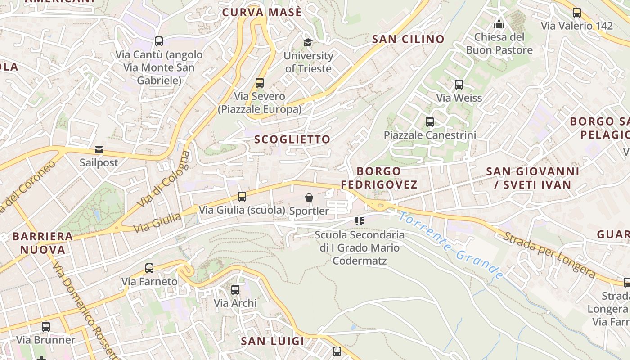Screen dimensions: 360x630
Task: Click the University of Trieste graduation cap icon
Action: click(x=308, y=42)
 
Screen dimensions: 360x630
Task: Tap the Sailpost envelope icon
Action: click(x=99, y=150)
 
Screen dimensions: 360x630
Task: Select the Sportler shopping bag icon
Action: click(x=309, y=198)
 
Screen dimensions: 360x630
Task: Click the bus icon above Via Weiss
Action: click(x=459, y=84)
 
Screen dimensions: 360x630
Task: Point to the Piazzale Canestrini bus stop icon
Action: click(x=430, y=121)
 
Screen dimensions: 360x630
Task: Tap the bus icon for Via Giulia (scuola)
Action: click(x=242, y=196)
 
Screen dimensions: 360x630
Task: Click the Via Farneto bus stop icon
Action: click(x=149, y=268)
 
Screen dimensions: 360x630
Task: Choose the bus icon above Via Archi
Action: click(x=235, y=290)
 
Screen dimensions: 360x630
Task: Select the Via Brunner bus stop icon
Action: click(x=46, y=326)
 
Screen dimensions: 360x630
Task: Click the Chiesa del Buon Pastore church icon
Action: click(x=499, y=24)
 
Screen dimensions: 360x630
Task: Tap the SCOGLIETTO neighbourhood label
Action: click(x=292, y=139)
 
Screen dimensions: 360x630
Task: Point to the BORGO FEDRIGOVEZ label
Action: click(x=379, y=178)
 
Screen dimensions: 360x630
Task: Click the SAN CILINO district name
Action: click(x=408, y=39)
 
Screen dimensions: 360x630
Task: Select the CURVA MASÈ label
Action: click(x=262, y=12)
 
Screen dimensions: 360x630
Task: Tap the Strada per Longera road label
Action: click(x=549, y=253)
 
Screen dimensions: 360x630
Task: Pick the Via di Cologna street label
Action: click(x=164, y=180)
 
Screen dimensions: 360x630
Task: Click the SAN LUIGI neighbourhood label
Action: click(x=273, y=341)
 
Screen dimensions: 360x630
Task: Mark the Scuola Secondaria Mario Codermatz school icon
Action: click(x=359, y=221)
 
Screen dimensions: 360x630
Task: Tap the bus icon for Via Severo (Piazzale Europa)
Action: click(x=260, y=83)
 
